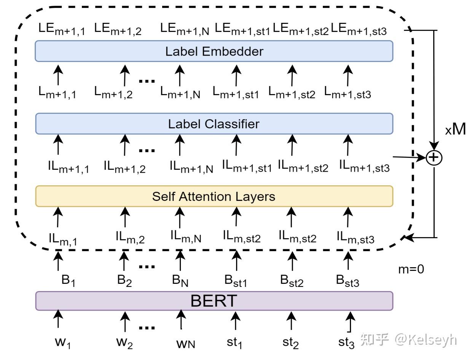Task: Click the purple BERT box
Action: coord(214,301)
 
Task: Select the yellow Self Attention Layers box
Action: coord(214,196)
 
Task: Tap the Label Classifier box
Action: coord(214,124)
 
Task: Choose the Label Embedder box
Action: coord(214,51)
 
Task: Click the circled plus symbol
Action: coord(434,158)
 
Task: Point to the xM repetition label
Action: coord(455,130)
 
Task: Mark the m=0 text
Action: coord(411,269)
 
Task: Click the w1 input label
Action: coord(63,342)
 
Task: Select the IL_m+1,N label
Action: coord(191,167)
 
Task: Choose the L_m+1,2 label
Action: coord(113,92)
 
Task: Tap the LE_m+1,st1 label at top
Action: coord(242,29)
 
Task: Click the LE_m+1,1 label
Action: coord(62,29)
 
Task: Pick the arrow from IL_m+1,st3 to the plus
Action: coord(409,157)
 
